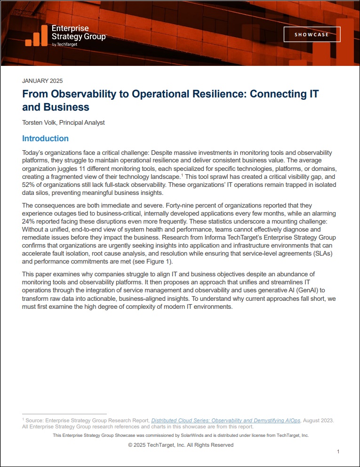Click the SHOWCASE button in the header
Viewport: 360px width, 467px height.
pos(312,34)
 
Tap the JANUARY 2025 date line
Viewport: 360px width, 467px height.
pos(42,81)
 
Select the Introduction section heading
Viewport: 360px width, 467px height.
pos(45,138)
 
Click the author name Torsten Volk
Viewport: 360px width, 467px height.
pos(39,122)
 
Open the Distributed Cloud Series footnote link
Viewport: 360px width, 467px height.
pos(225,420)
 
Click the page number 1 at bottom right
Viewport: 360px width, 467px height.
pos(338,451)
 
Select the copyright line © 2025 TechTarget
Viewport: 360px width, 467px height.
pos(180,445)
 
